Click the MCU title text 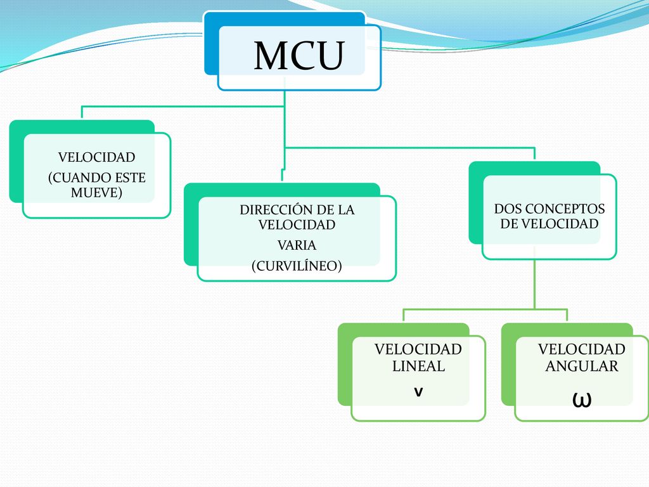pos(299,56)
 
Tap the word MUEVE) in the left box pos(96,193)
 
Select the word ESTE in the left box pos(130,178)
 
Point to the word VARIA pos(297,245)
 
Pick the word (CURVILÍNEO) pos(297,266)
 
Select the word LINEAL pos(418,366)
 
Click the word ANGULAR pos(582,366)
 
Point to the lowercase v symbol pos(418,392)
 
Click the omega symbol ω pos(582,399)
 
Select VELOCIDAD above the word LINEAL pos(418,349)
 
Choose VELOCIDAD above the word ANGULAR pos(582,349)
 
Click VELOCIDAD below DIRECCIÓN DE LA pos(297,225)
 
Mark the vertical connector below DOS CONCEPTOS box pos(534,284)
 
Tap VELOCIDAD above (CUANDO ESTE pos(96,157)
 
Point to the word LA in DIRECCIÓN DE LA pos(347,209)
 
